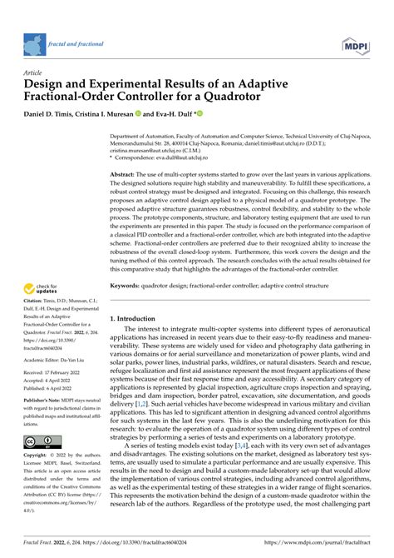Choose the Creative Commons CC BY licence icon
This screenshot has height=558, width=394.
point(44,440)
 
